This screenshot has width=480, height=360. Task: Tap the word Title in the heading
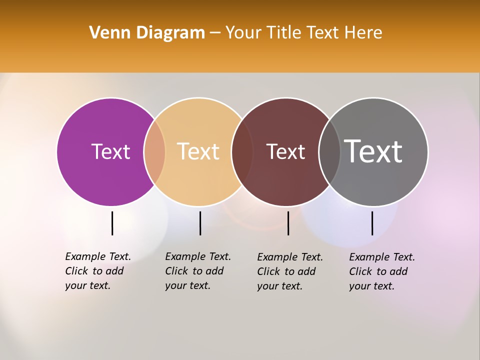tap(284, 33)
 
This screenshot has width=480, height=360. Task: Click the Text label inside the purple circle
tap(110, 151)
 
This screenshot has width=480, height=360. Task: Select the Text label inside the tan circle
tap(198, 151)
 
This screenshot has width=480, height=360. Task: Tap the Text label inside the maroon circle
tap(285, 151)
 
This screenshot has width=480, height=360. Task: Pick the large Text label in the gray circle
tap(373, 151)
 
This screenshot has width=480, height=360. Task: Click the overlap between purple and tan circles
tap(154, 151)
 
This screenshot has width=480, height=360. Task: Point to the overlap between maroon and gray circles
tap(329, 151)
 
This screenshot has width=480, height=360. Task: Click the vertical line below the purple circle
tap(112, 223)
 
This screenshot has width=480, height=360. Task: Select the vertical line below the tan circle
tap(200, 223)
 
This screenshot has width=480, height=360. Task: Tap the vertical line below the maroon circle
tap(288, 223)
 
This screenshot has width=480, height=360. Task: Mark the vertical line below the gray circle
tap(372, 223)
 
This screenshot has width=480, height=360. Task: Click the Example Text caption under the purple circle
tap(98, 271)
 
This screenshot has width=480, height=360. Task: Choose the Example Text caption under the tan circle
tap(198, 271)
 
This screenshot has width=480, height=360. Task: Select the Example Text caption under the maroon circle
tap(290, 271)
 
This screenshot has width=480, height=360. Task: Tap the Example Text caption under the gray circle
tap(382, 271)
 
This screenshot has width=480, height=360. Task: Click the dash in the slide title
tap(215, 33)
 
